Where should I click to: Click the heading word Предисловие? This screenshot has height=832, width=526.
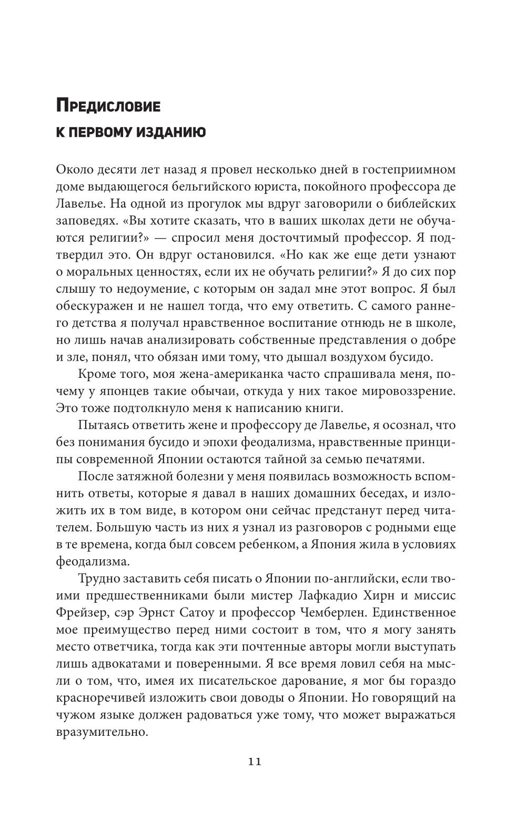pos(108,106)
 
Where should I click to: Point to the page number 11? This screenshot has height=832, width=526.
pos(255,762)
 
